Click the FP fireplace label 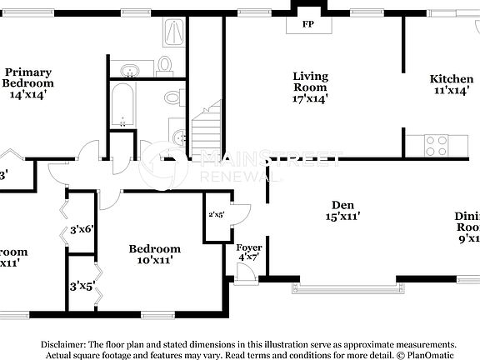click(308, 24)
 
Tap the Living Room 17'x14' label click(310, 87)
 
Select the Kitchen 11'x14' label click(451, 84)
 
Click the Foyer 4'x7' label click(249, 252)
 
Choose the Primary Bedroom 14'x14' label click(27, 83)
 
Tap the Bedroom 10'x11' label click(154, 254)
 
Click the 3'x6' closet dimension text click(82, 229)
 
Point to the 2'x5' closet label click(217, 215)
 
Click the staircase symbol click(207, 129)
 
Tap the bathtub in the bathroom click(122, 106)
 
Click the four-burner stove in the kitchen click(437, 145)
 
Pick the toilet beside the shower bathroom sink click(164, 64)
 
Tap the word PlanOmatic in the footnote click(429, 355)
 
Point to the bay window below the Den click(346, 287)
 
